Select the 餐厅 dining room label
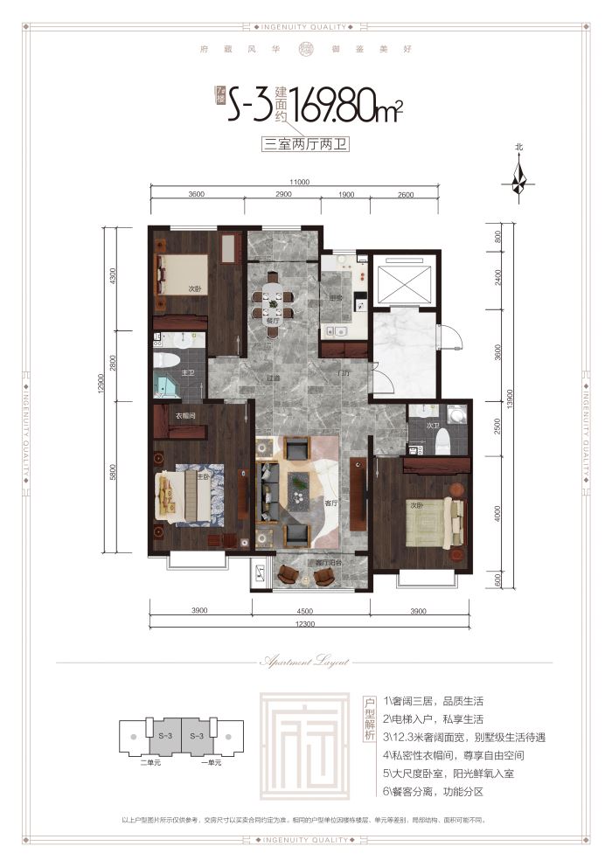pyautogui.click(x=274, y=321)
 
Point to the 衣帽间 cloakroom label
pyautogui.click(x=184, y=416)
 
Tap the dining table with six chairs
pyautogui.click(x=274, y=304)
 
